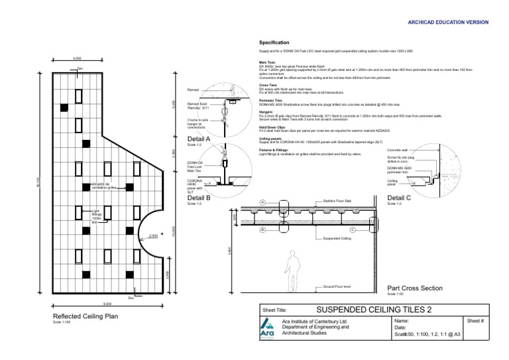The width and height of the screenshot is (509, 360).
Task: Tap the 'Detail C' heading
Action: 399,198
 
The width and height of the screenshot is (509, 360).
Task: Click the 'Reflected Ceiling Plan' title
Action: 85,316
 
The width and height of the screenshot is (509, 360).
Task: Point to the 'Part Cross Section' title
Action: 414,288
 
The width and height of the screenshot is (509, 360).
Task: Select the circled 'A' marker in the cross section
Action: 262,202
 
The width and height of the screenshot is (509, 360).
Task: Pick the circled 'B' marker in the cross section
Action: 262,229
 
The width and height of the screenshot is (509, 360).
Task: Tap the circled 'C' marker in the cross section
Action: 353,229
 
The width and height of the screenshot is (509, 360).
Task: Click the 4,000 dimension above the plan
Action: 77,58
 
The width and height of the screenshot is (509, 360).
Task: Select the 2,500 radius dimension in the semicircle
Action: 153,235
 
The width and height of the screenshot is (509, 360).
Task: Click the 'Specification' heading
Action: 274,42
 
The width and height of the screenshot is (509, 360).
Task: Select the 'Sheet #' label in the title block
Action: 476,320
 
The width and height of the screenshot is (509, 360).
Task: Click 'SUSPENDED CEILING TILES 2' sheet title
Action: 374,310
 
